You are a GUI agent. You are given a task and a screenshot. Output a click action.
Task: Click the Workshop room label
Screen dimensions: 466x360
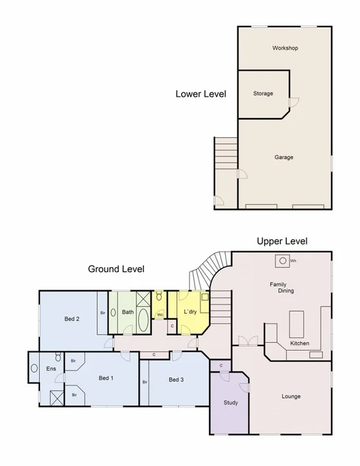click(285, 49)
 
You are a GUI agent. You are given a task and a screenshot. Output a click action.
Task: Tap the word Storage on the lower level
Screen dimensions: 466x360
click(263, 93)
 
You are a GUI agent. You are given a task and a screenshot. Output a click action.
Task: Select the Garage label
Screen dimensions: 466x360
click(283, 157)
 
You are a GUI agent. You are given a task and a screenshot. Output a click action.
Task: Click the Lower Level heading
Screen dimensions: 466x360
click(201, 94)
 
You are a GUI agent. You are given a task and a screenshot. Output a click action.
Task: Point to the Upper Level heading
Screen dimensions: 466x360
click(282, 241)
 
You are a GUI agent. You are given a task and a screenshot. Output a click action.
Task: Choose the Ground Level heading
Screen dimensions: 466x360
click(116, 268)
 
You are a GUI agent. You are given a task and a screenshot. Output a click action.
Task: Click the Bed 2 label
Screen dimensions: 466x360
click(71, 318)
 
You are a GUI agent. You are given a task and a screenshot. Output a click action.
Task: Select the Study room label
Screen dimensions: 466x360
click(230, 402)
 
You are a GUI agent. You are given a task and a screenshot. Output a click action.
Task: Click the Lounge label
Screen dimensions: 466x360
click(291, 396)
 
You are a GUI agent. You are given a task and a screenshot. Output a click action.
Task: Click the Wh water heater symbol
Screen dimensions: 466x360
click(282, 261)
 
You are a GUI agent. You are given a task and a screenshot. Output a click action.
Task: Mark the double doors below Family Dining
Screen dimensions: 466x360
click(246, 340)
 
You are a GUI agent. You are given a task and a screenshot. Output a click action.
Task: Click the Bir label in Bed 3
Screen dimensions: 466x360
click(145, 382)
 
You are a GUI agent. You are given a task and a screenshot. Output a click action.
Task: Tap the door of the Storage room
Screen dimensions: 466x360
click(293, 102)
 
